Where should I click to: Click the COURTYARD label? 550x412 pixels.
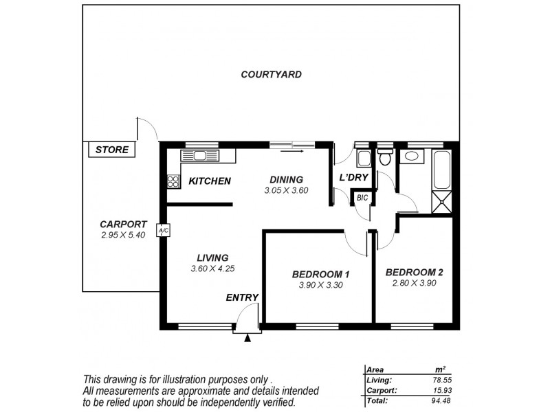point(271,74)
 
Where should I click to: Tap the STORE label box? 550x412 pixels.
point(111,150)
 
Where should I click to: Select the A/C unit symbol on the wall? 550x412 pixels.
point(162,231)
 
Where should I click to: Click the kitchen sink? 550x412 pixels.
point(200,156)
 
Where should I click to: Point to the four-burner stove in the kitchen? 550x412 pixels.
point(173,182)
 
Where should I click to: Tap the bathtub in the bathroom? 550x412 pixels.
point(441,169)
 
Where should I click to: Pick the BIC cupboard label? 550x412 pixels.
point(363,198)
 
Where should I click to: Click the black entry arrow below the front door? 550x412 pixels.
point(248,337)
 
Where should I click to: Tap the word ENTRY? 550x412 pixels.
point(242,297)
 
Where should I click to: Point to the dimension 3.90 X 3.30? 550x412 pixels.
point(320,285)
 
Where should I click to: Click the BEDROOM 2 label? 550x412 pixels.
point(414,272)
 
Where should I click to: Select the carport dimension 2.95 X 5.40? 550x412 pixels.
point(123,235)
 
